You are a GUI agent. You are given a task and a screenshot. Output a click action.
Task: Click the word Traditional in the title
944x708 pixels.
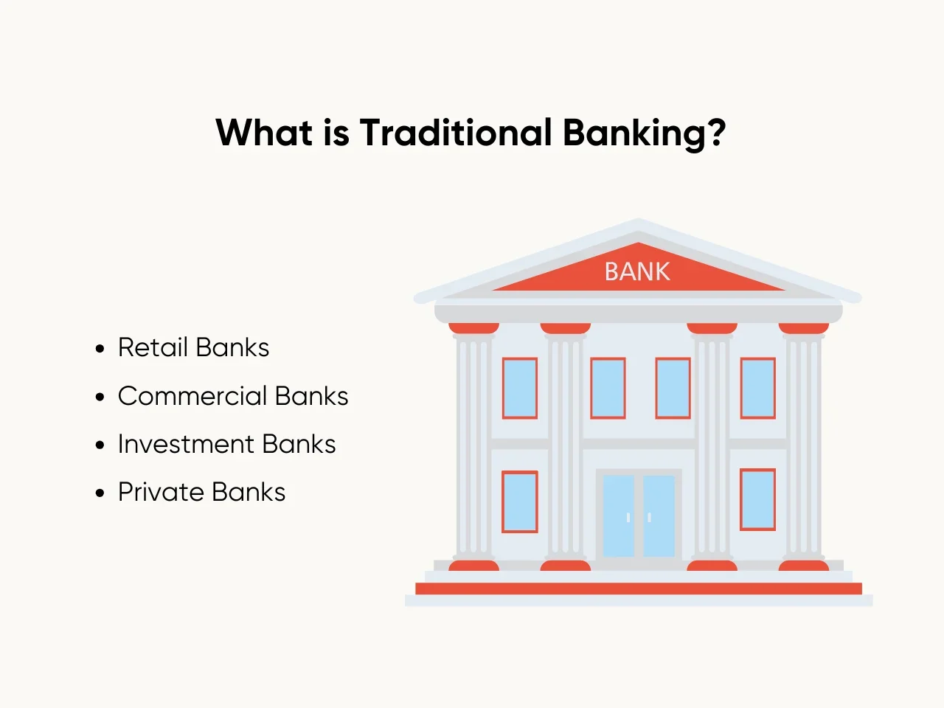tap(456, 132)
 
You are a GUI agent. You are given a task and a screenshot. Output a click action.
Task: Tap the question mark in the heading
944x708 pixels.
tap(716, 132)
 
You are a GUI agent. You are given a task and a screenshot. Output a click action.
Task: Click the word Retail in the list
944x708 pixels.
tap(153, 347)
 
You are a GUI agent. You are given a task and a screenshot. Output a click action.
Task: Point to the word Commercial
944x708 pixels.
tap(192, 396)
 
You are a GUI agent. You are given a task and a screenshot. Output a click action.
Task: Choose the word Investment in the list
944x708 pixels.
tap(186, 444)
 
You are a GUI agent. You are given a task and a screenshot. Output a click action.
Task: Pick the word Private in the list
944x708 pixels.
tap(162, 492)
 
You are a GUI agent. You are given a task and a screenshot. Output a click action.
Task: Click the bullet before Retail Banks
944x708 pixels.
tap(100, 349)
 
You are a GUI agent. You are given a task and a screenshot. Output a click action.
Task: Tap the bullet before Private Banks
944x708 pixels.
tap(100, 493)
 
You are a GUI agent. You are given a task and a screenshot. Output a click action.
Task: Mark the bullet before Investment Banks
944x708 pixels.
tap(100, 445)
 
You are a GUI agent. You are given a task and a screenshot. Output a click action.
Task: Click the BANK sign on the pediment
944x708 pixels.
tap(637, 271)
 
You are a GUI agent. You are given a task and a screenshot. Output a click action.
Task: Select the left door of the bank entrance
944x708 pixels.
tap(619, 516)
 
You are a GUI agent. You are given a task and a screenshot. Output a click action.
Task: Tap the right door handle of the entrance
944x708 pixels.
tap(650, 518)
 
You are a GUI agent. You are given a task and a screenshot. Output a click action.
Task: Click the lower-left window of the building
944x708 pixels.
tap(520, 502)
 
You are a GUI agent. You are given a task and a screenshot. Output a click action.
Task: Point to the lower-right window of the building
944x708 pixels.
tap(757, 499)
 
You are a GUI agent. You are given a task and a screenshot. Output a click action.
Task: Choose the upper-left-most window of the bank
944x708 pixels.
tap(520, 388)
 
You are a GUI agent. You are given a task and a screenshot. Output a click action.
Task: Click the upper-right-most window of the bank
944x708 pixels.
tap(757, 388)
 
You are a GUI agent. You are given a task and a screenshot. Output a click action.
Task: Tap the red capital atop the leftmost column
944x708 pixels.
tap(473, 328)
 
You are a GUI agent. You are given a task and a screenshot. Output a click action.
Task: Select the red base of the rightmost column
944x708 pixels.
tap(803, 565)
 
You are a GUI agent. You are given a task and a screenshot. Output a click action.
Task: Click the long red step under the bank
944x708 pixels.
tap(639, 589)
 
